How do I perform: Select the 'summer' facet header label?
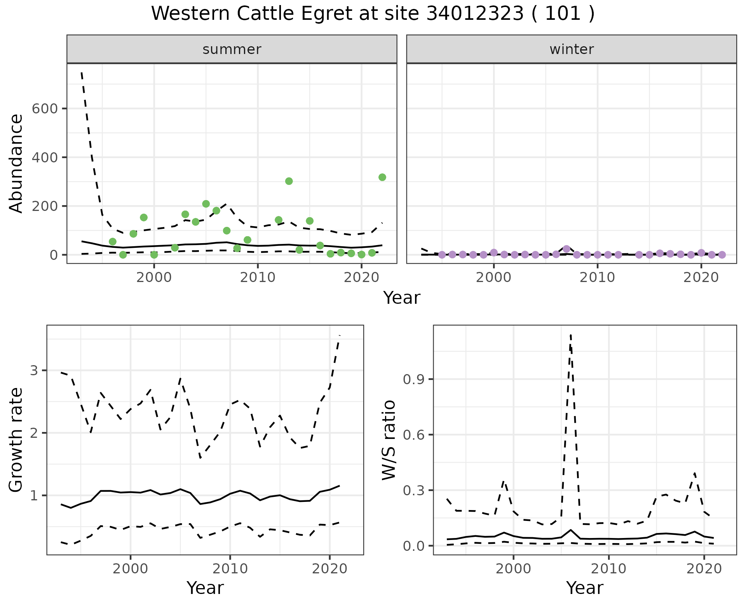(x=232, y=49)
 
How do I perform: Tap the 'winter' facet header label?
(x=572, y=49)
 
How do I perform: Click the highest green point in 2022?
(x=382, y=177)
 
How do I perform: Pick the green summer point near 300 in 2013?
(x=289, y=181)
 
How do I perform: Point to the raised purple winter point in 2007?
(x=566, y=249)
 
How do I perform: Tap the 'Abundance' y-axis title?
(x=16, y=163)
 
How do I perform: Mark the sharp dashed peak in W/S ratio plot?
(x=570, y=335)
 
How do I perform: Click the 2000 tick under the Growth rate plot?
(x=131, y=569)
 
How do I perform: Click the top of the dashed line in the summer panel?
(x=82, y=72)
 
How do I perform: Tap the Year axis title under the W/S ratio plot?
(x=584, y=588)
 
